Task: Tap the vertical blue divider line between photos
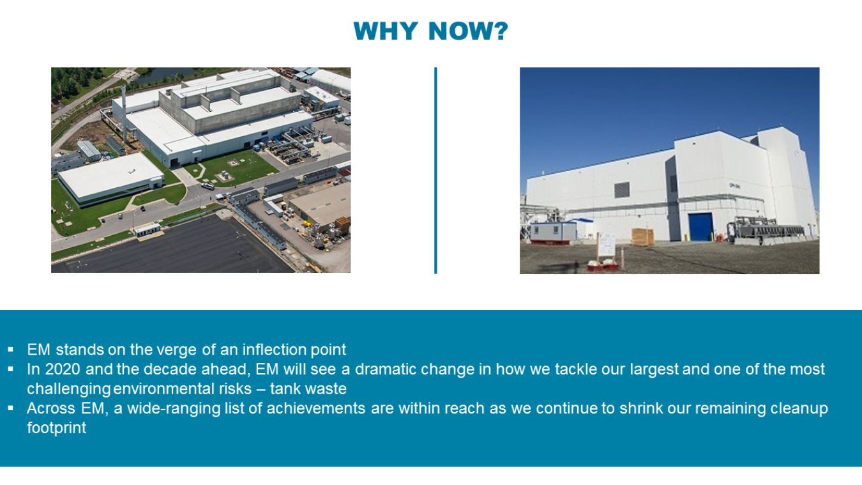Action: point(435,170)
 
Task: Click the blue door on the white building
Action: point(701,227)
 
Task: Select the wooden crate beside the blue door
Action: point(642,237)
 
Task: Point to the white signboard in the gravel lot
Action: point(605,243)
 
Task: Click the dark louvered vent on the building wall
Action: point(621,190)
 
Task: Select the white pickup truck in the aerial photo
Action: point(208,187)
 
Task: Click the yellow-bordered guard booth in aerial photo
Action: point(147,230)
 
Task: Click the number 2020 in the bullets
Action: point(63,369)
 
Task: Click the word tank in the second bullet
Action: point(287,389)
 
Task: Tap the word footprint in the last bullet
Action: point(56,427)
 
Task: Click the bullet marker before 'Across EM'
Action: point(11,408)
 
